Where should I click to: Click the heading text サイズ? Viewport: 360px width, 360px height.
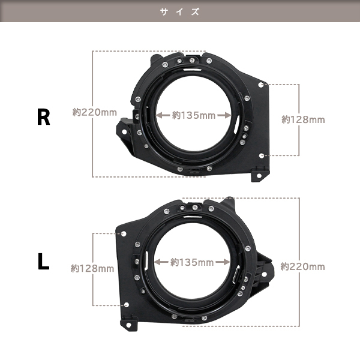click(x=180, y=11)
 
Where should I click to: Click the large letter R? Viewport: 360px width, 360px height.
click(x=43, y=117)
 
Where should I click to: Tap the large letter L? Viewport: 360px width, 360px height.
click(x=43, y=261)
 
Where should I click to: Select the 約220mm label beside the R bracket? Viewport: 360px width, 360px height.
click(x=95, y=112)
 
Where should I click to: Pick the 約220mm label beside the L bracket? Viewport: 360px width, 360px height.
click(x=302, y=266)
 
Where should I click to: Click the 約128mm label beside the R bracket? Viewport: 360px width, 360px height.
click(x=303, y=119)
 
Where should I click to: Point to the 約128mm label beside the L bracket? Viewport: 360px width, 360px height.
click(x=92, y=268)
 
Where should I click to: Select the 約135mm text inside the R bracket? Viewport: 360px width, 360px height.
click(x=194, y=115)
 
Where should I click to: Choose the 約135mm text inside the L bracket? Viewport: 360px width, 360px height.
click(x=192, y=262)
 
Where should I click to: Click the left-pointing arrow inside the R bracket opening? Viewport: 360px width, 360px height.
click(x=163, y=115)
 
